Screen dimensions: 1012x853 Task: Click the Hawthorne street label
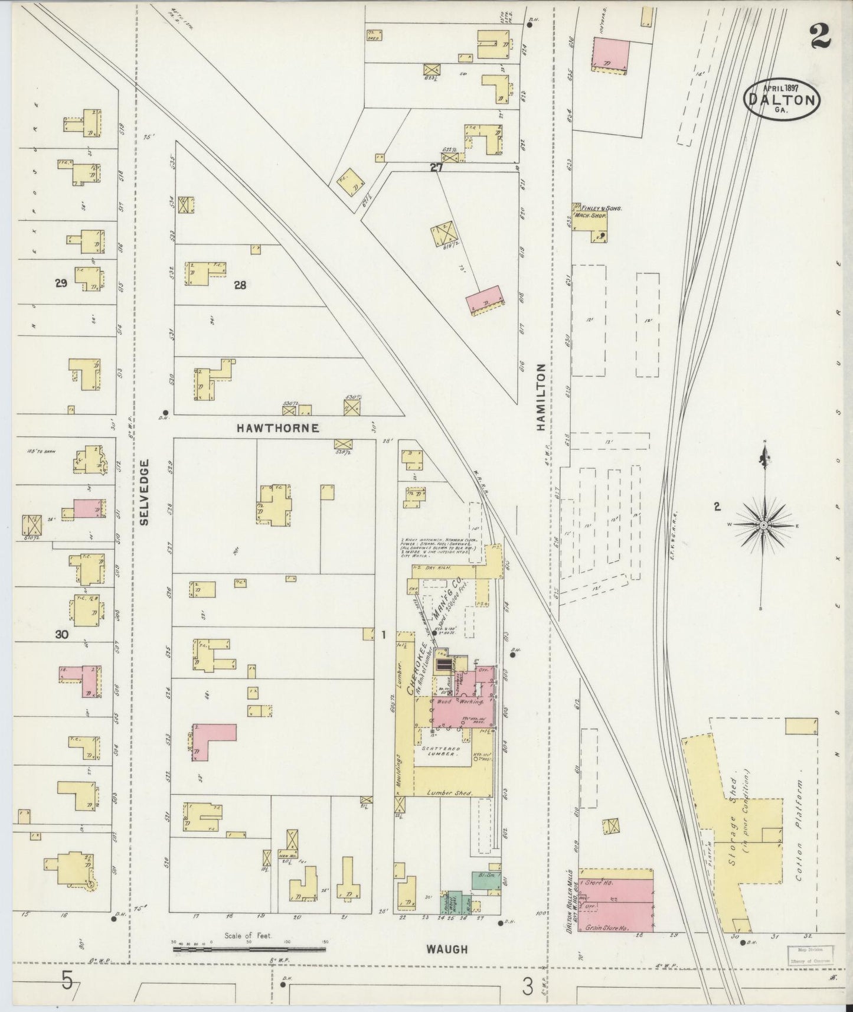tap(277, 428)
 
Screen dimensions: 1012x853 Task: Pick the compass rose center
tap(763, 525)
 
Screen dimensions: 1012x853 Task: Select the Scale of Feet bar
tap(249, 949)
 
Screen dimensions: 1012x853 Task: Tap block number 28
tap(240, 285)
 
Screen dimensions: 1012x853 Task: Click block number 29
tap(60, 283)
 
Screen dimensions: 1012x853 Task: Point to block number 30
tap(61, 635)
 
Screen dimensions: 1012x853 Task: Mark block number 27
tap(436, 168)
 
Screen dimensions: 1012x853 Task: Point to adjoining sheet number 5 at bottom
tap(67, 982)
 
